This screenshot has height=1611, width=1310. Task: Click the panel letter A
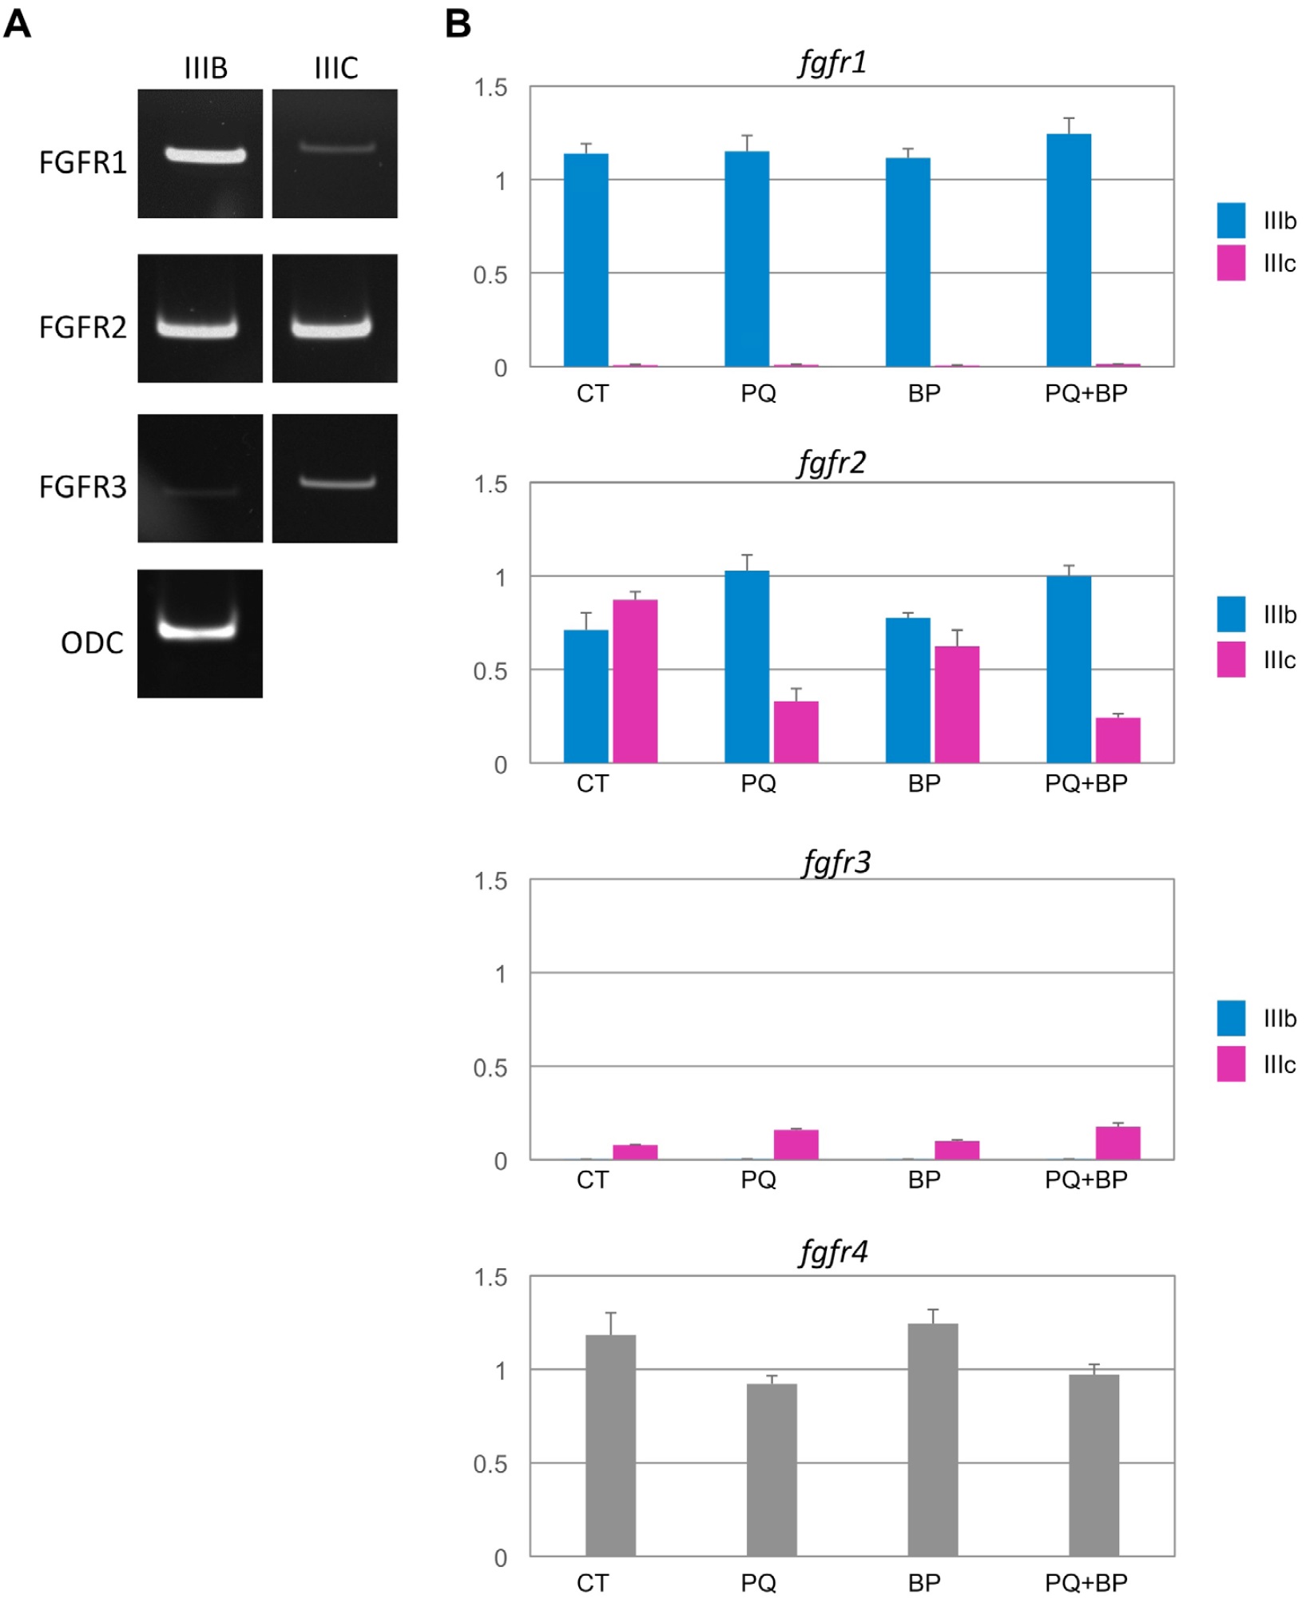point(18,24)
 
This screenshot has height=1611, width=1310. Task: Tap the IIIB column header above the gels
point(205,69)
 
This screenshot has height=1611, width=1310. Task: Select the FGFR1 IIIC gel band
point(336,147)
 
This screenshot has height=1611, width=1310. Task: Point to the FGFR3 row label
point(82,487)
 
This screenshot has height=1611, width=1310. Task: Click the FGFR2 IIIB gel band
point(197,328)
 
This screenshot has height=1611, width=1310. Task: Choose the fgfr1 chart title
point(832,62)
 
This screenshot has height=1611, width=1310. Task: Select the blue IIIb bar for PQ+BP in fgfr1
point(1069,249)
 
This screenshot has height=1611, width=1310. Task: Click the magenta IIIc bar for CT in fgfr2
point(635,681)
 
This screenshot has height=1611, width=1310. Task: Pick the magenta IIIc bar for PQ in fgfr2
point(796,732)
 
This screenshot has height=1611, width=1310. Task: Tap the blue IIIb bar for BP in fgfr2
point(907,690)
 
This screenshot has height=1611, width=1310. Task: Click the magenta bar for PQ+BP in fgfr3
point(1117,1143)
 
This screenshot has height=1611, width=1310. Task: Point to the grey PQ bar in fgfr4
point(772,1470)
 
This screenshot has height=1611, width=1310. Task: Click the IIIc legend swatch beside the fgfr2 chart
point(1231,659)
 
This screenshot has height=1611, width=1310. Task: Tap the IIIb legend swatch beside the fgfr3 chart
point(1231,1017)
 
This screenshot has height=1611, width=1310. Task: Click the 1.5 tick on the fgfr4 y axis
point(490,1278)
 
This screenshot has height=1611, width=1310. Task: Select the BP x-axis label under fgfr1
point(924,393)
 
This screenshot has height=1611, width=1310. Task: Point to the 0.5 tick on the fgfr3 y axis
point(490,1068)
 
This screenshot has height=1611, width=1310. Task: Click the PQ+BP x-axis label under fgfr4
point(1086,1583)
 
